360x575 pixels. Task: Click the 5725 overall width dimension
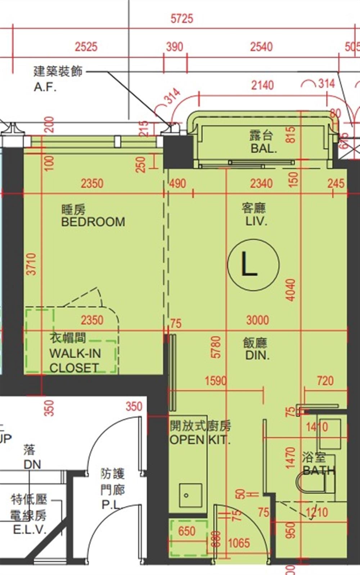182,19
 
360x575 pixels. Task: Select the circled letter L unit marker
253,264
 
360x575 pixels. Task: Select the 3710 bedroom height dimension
32,264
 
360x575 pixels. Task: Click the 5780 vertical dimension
216,347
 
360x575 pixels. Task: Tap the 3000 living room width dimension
257,320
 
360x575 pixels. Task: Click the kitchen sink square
190,495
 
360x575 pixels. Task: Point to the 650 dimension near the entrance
186,531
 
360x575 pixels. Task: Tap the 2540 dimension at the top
261,47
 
